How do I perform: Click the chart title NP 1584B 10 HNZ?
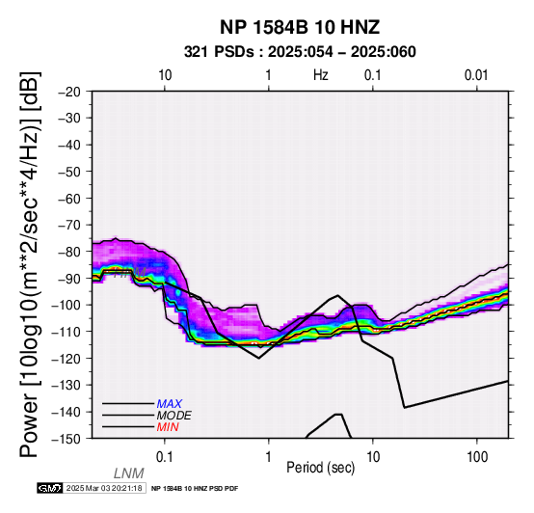[x=300, y=27]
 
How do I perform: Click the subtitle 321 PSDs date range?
[x=300, y=52]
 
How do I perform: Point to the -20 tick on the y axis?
[x=69, y=92]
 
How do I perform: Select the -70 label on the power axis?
[x=69, y=226]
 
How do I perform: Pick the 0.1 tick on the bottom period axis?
[x=165, y=457]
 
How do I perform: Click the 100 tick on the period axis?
[x=477, y=457]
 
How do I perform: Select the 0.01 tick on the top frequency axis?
[x=476, y=75]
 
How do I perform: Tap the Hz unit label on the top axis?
[x=321, y=75]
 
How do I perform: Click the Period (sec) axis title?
[x=320, y=468]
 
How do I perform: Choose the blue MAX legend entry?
[x=170, y=404]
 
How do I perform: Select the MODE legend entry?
[x=174, y=416]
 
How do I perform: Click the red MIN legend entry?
[x=168, y=427]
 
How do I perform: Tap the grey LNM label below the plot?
[x=129, y=473]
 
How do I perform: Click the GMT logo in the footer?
[x=50, y=488]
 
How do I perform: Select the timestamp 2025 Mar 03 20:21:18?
[x=104, y=488]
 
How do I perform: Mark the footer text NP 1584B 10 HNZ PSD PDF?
[x=195, y=489]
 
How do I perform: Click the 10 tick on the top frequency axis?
[x=165, y=75]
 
